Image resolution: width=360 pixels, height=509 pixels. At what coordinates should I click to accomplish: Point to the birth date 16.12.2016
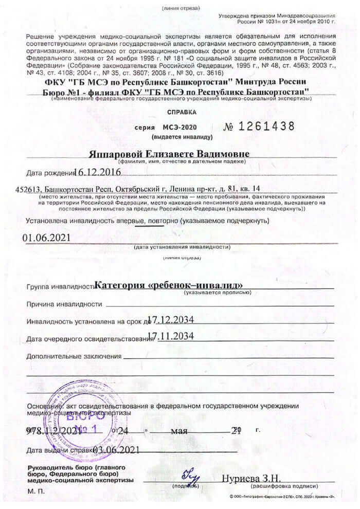pos(97,172)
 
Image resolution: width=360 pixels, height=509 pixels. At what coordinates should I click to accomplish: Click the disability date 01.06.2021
pos(46,238)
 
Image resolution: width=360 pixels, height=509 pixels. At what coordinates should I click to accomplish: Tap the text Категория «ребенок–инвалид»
pos(169,285)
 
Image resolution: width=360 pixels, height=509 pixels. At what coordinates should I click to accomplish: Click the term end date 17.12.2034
pos(170,320)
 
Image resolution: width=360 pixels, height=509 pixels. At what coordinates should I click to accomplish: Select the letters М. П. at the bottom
pos(34,492)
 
